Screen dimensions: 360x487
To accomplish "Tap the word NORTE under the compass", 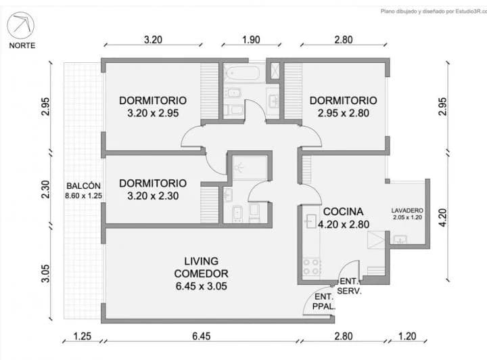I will pyautogui.click(x=23, y=46).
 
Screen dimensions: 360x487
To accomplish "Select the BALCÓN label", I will pyautogui.click(x=83, y=186).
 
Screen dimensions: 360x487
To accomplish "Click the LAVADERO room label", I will pyautogui.click(x=407, y=211).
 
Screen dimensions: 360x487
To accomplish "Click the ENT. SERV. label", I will pyautogui.click(x=350, y=286).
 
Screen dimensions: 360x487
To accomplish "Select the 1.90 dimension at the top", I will pyautogui.click(x=251, y=40).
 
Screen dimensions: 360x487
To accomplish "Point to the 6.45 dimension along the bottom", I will pyautogui.click(x=201, y=336).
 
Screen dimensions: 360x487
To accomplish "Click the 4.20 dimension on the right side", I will pyautogui.click(x=443, y=217).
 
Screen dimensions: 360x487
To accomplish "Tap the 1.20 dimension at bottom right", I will pyautogui.click(x=407, y=336).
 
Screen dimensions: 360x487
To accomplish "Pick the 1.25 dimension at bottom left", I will pyautogui.click(x=82, y=336).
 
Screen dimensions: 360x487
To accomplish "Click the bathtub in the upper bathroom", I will pyautogui.click(x=243, y=72).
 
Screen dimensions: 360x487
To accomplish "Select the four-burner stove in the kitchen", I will pyautogui.click(x=311, y=266).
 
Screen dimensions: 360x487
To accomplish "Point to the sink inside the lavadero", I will pyautogui.click(x=399, y=238).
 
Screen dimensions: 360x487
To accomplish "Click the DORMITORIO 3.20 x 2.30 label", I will pyautogui.click(x=152, y=189).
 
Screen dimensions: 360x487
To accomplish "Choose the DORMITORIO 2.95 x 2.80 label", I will pyautogui.click(x=343, y=106).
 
